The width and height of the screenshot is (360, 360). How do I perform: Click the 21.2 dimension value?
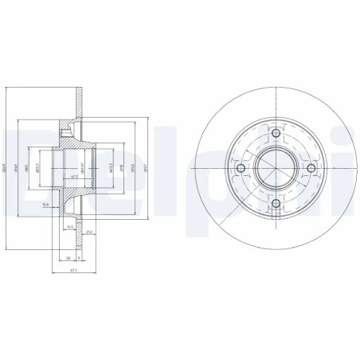(x=88, y=233)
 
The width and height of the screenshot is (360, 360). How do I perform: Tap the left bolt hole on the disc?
(x=240, y=169)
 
